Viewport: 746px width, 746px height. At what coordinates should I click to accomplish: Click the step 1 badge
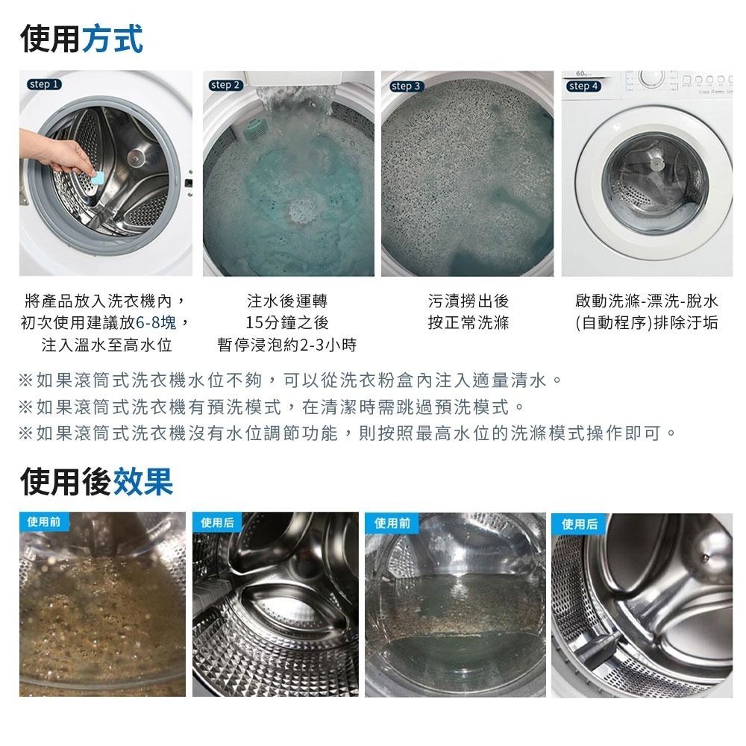44,84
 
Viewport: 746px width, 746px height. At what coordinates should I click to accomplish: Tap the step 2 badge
226,85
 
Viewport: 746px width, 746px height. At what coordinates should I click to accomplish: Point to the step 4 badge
584,86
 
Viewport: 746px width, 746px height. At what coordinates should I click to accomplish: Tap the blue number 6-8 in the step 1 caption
149,323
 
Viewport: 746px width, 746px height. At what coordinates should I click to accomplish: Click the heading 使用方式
81,38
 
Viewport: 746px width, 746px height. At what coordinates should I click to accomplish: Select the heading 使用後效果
96,481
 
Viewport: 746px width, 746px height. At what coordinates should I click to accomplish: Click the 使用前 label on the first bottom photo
44,521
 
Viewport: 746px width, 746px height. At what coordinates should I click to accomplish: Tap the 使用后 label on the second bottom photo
217,522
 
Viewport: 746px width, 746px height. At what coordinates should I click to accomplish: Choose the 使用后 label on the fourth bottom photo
579,524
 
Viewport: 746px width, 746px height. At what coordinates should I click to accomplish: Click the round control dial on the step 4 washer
651,78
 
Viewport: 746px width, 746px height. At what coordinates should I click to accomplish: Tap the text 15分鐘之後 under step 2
287,323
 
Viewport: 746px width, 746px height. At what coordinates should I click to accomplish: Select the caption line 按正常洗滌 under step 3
468,323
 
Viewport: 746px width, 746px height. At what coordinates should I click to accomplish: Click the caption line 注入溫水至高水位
107,345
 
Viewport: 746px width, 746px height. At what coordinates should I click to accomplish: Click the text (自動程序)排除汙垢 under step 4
646,323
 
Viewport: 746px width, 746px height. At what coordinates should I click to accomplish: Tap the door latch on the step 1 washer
189,183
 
